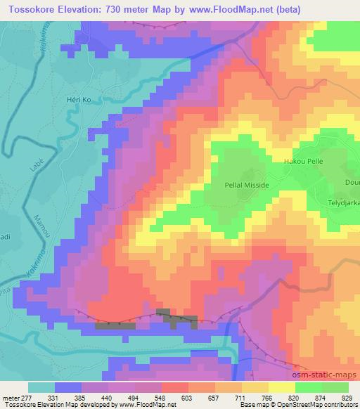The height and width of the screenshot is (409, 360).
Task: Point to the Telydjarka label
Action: pyautogui.click(x=344, y=200)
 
